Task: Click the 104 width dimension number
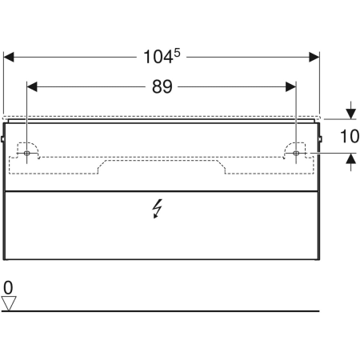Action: click(x=157, y=57)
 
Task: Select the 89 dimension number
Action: click(x=162, y=86)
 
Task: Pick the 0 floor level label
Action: click(x=8, y=287)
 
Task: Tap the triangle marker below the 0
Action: click(x=9, y=302)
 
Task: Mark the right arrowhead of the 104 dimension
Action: click(x=314, y=57)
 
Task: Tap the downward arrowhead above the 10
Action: click(x=350, y=114)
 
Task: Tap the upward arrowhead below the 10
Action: click(x=350, y=158)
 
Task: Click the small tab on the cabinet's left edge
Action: click(x=3, y=142)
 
